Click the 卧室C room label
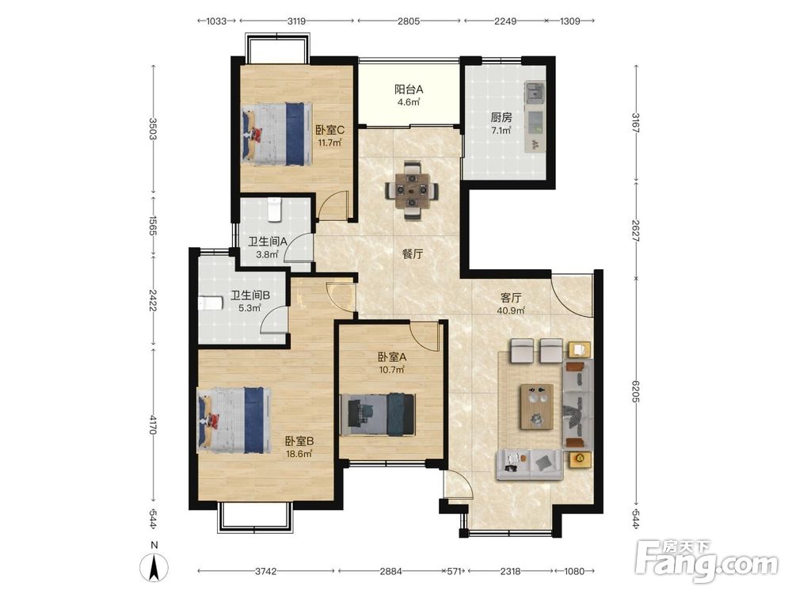(329, 130)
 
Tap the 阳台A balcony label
(409, 89)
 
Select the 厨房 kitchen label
(501, 118)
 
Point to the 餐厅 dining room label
(413, 254)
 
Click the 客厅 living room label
(511, 298)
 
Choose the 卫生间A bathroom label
(268, 242)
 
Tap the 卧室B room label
(299, 441)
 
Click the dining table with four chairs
(412, 190)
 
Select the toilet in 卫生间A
(274, 210)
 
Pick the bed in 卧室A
(378, 414)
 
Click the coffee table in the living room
(537, 406)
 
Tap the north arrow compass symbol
(154, 567)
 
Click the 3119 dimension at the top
(296, 21)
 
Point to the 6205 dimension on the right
(635, 391)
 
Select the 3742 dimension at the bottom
(265, 571)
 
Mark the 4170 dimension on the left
(154, 425)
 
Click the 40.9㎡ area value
(511, 310)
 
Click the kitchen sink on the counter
(534, 93)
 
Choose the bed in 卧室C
(276, 134)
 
